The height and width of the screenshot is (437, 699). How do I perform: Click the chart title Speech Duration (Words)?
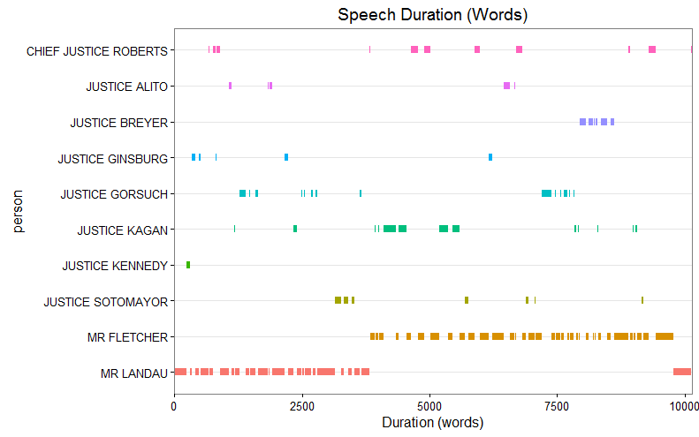[432, 15]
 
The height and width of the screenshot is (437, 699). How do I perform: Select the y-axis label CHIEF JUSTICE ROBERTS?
[96, 51]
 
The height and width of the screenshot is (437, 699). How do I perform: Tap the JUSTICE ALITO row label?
[126, 87]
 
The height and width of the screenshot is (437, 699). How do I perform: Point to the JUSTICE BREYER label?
[118, 123]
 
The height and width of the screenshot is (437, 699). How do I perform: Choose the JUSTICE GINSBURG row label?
[112, 159]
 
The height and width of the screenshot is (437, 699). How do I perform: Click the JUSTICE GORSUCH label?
[114, 194]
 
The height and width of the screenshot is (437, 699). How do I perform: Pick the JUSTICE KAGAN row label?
[122, 230]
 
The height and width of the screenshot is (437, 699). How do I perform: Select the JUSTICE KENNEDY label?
[115, 266]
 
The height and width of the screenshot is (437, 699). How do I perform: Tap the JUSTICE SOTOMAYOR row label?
[105, 302]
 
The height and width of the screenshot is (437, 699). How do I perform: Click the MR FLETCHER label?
[127, 337]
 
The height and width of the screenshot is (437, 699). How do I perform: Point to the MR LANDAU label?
[134, 373]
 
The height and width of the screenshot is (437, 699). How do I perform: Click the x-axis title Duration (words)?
[432, 423]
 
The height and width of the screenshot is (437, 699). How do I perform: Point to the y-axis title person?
[19, 212]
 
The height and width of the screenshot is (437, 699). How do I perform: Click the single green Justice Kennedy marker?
[188, 265]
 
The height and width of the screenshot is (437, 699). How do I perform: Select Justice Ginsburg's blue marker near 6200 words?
[490, 157]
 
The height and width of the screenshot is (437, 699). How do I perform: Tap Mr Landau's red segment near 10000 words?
[681, 372]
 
